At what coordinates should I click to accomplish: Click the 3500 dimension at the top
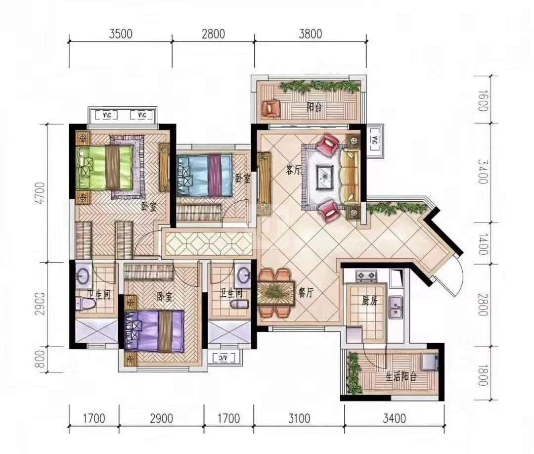coord(121,34)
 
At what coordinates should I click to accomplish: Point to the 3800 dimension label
coord(310,34)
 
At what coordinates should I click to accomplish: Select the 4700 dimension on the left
coord(41,193)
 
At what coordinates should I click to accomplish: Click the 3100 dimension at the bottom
coord(299,418)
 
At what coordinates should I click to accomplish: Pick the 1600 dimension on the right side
coord(483,100)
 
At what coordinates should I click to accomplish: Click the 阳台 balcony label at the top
coord(314,108)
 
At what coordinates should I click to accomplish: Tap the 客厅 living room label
coord(294,170)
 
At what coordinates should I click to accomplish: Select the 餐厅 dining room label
coord(306,293)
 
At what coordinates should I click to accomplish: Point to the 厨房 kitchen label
coord(369,300)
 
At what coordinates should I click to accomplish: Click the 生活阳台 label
coord(401,377)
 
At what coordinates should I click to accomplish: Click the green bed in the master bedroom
coord(104,167)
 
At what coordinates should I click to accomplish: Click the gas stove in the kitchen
coord(366,276)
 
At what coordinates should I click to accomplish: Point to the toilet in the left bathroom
coord(82,303)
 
